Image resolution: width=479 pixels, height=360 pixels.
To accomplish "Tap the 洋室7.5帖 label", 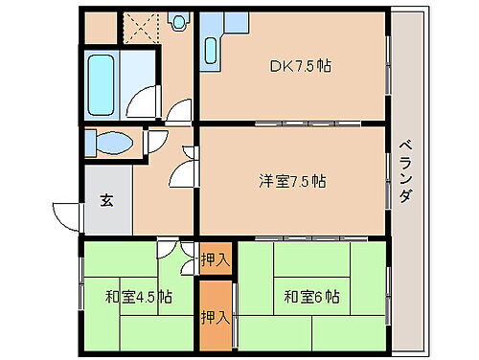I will tap(292, 180).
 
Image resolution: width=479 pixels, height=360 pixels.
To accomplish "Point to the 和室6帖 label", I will tap(311, 296).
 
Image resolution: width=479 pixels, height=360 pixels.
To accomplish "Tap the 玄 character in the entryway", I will tap(106, 201).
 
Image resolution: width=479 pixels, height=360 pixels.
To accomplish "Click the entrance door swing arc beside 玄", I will tap(65, 218).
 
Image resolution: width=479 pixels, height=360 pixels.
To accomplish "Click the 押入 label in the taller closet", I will tap(215, 317).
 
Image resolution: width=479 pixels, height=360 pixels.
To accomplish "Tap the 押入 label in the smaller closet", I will tap(216, 259).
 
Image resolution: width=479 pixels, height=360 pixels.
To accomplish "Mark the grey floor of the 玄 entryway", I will tap(106, 215).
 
